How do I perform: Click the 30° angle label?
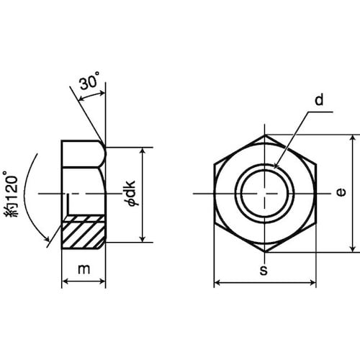click(x=89, y=81)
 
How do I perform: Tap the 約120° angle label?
click(x=11, y=194)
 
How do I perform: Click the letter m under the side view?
click(x=84, y=269)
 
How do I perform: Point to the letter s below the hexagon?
click(x=264, y=270)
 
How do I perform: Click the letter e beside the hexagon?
click(x=341, y=192)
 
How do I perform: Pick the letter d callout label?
click(x=319, y=99)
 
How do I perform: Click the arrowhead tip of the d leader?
click(x=274, y=168)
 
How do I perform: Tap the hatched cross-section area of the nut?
click(x=84, y=232)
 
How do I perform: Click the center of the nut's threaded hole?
click(x=265, y=193)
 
